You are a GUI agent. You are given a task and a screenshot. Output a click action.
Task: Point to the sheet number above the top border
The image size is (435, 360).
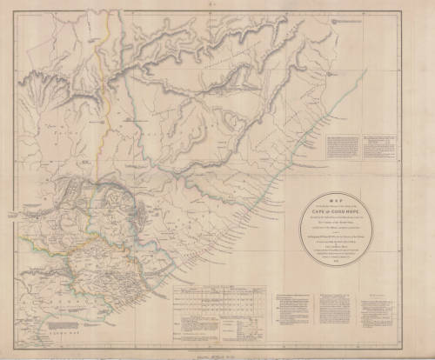pyautogui.click(x=217, y=5)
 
